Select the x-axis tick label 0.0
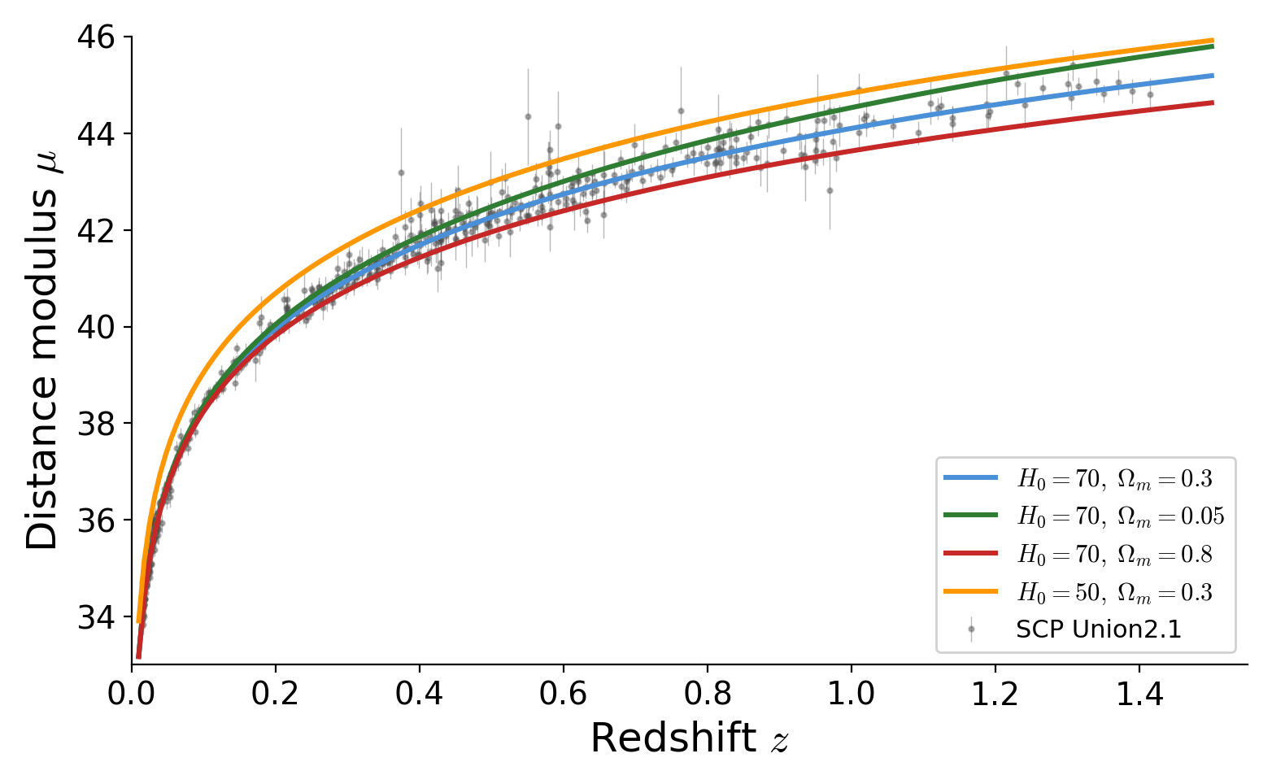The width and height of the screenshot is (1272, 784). (x=132, y=695)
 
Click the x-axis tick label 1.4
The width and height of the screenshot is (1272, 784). (x=1139, y=695)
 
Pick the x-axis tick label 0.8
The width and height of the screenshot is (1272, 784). (x=707, y=695)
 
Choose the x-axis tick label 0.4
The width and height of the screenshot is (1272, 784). (x=419, y=695)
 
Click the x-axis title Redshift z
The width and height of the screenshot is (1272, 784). (x=689, y=739)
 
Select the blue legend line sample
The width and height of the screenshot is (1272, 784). (x=970, y=478)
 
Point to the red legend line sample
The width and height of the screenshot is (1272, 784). (x=970, y=553)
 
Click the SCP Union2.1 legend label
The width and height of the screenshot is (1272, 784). (x=1098, y=629)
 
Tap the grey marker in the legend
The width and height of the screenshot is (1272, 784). (x=970, y=629)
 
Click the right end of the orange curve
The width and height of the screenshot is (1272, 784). (x=1213, y=40)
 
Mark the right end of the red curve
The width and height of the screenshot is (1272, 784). (x=1213, y=102)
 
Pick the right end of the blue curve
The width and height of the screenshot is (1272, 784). (x=1213, y=76)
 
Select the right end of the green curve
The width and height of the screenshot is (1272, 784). (x=1213, y=46)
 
